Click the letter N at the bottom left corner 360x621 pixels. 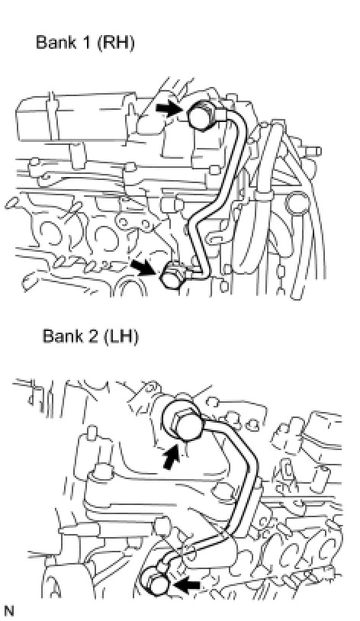(8, 611)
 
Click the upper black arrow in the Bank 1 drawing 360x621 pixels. (169, 108)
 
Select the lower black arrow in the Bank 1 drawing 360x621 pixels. (143, 267)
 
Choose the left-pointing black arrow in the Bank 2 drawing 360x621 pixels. (187, 584)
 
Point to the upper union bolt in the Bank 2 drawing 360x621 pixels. (186, 424)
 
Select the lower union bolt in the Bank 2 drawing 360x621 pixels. (157, 584)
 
